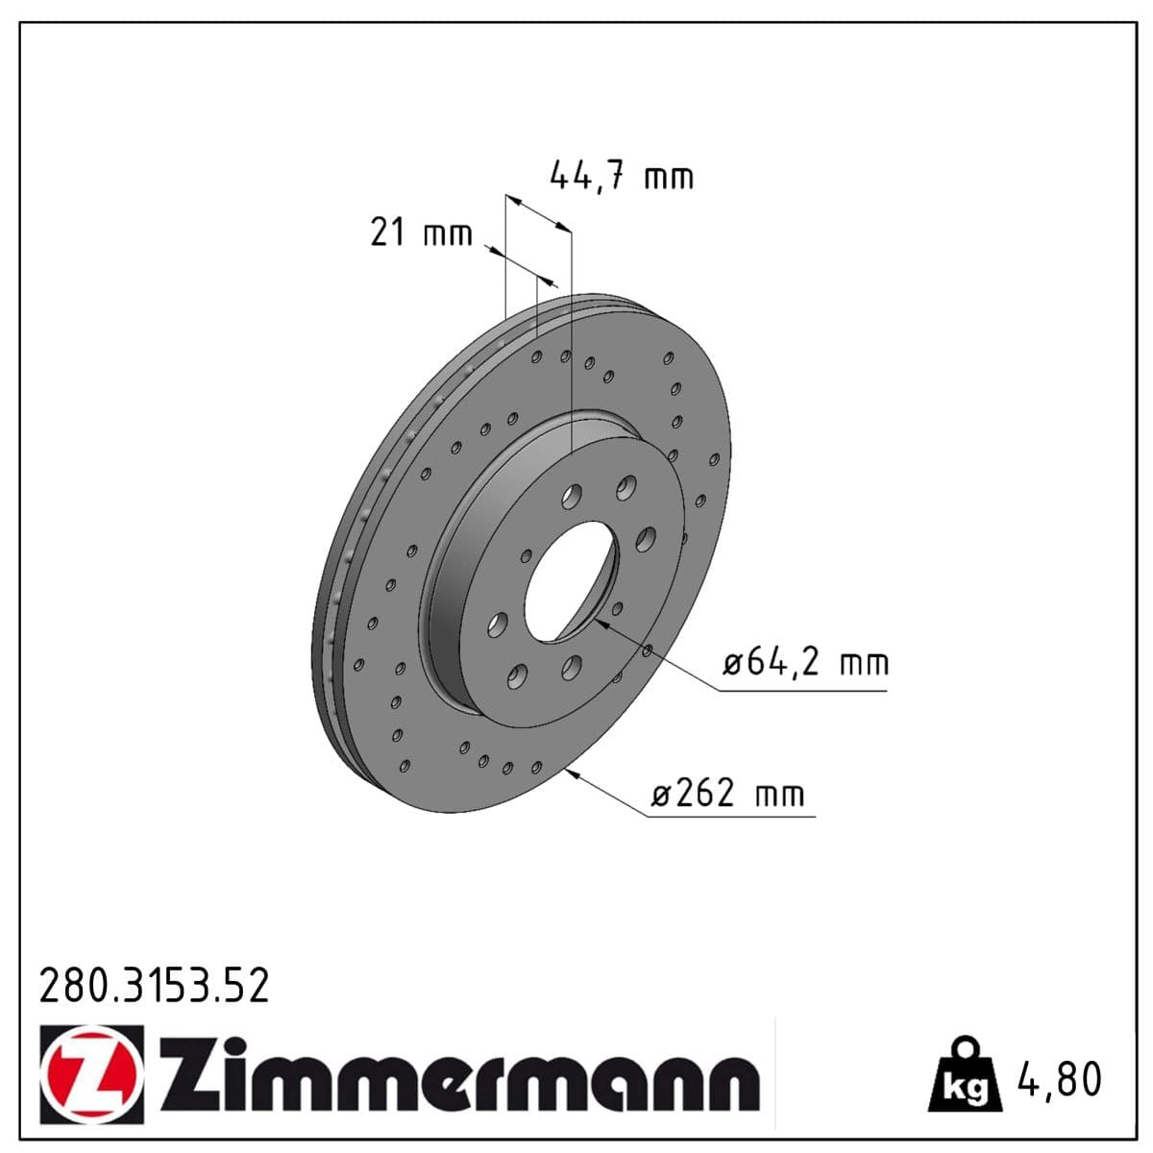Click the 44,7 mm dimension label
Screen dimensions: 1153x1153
[x=621, y=177]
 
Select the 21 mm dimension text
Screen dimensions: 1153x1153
[x=421, y=233]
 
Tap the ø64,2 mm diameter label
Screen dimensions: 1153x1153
[x=805, y=663]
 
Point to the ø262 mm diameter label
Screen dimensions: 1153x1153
[x=727, y=794]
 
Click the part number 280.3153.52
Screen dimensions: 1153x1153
[x=154, y=987]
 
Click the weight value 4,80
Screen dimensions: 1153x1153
[x=1060, y=1079]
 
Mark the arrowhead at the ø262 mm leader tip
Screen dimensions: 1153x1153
[x=574, y=774]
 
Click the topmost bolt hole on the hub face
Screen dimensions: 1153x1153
[x=627, y=487]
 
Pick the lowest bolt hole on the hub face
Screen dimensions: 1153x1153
[x=518, y=676]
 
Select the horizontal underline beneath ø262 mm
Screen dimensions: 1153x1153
[x=730, y=818]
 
